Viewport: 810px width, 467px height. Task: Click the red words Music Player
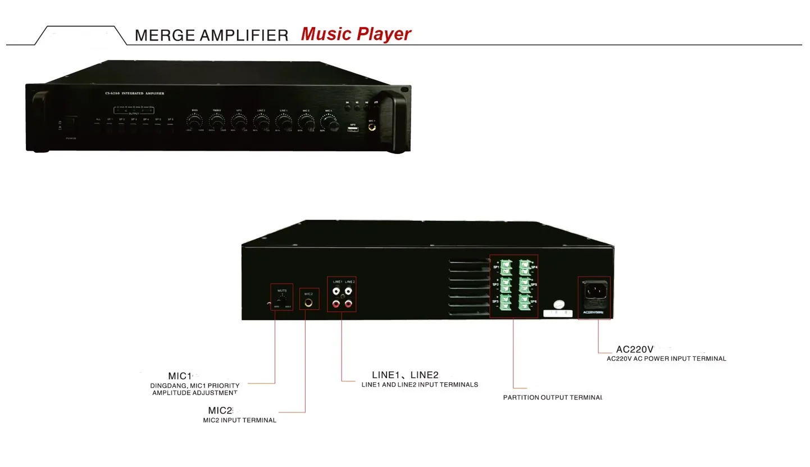pos(356,34)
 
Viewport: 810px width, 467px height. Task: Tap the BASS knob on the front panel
pos(194,121)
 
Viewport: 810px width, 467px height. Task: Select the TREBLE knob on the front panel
pos(216,121)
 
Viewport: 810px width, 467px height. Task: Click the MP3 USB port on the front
pos(353,130)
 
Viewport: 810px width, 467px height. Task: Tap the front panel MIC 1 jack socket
pos(372,128)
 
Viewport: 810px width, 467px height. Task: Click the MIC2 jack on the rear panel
pos(308,302)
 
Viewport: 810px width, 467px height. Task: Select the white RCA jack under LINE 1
pos(336,292)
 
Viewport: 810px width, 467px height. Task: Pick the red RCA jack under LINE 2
pos(348,304)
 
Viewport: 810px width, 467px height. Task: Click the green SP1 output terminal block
pos(506,267)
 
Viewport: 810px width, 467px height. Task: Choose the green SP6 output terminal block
pos(525,302)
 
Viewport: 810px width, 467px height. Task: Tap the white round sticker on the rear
pos(558,304)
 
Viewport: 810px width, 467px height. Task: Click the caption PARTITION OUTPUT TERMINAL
pos(552,397)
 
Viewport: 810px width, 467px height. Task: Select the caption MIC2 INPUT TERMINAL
pos(239,420)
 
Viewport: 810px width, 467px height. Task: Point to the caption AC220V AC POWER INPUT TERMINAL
pos(666,359)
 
